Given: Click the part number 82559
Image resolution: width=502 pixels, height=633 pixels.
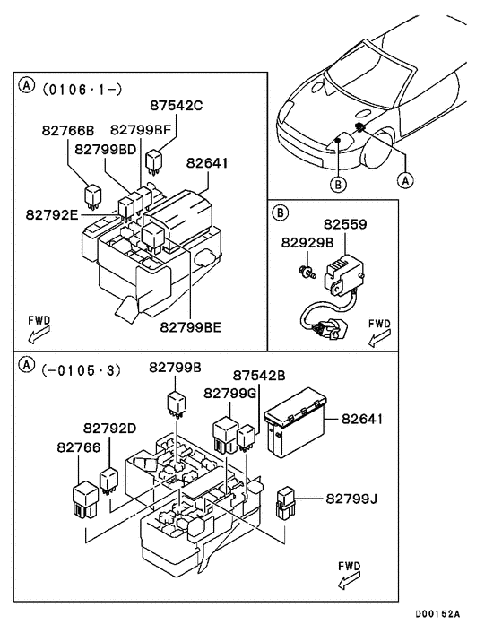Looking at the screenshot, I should (x=346, y=225).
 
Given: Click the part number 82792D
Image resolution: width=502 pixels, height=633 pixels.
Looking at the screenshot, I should (x=111, y=428).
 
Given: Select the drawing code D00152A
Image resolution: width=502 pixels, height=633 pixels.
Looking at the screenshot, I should (x=437, y=614).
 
